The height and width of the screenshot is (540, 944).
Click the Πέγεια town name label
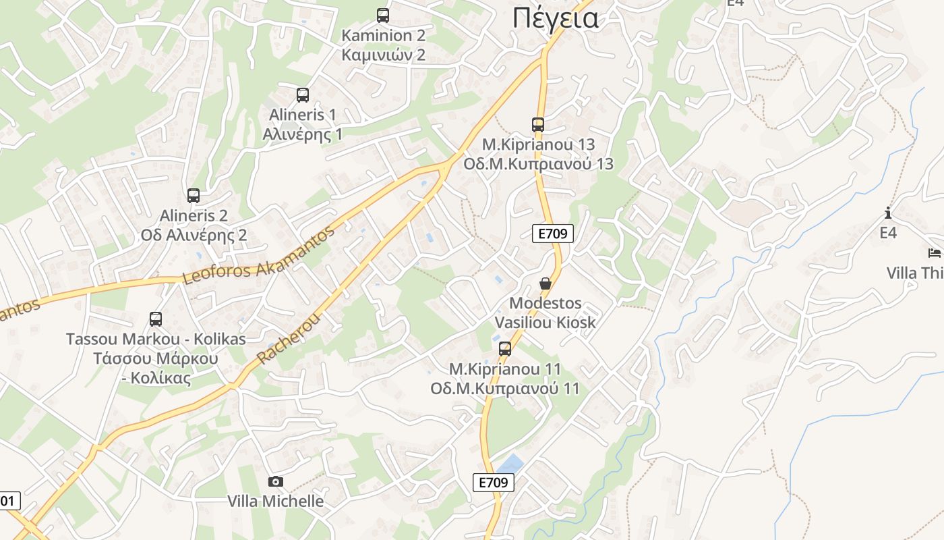point(555,18)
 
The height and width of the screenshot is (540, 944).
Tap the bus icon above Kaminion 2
point(383,15)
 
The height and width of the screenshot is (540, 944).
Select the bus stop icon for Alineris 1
point(303,95)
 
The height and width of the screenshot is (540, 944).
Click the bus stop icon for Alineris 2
point(194,196)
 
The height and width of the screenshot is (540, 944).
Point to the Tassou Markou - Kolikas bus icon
point(156,319)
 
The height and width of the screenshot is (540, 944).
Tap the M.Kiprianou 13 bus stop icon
point(537,124)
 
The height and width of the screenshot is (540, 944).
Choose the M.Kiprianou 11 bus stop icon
point(505,349)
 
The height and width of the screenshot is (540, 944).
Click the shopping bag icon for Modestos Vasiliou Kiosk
point(545,283)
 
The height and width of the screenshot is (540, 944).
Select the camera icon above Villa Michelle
point(275,481)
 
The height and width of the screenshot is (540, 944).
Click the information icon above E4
point(888,213)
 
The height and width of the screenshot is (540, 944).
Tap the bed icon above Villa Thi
point(935,253)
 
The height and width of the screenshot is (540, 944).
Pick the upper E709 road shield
point(553,234)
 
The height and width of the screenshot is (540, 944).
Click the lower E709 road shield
point(493,482)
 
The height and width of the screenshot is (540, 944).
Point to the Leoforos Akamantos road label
point(259,256)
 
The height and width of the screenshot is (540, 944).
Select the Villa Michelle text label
point(275,501)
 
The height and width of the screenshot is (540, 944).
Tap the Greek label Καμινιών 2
point(383,55)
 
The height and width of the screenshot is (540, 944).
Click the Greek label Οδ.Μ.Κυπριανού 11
point(504,389)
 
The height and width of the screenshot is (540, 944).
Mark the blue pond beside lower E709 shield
point(510,464)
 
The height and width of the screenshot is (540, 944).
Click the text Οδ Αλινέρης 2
point(194,235)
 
